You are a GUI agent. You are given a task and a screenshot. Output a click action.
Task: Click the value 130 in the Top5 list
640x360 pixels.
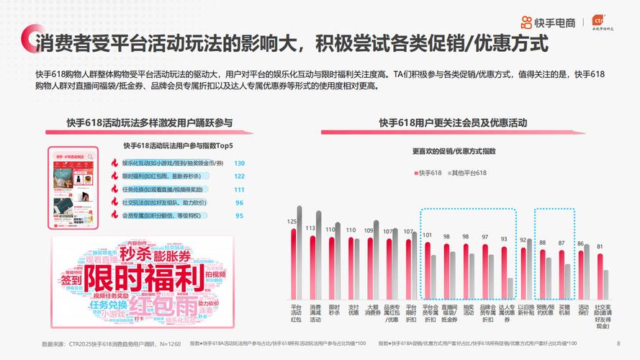click(x=239, y=163)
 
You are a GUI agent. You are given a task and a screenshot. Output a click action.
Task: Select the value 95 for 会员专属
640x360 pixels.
click(x=239, y=215)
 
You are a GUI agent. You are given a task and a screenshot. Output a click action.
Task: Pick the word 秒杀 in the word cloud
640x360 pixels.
click(x=135, y=254)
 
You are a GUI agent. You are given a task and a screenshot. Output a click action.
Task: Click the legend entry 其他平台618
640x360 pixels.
click(x=469, y=173)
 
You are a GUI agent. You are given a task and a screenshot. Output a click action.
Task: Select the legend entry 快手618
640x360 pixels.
click(x=429, y=173)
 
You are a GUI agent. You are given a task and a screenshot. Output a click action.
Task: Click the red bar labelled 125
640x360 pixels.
click(x=293, y=263)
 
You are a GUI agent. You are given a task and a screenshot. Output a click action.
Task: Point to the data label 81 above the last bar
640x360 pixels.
click(x=600, y=246)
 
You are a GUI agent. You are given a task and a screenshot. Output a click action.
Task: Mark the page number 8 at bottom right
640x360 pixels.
click(x=618, y=343)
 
